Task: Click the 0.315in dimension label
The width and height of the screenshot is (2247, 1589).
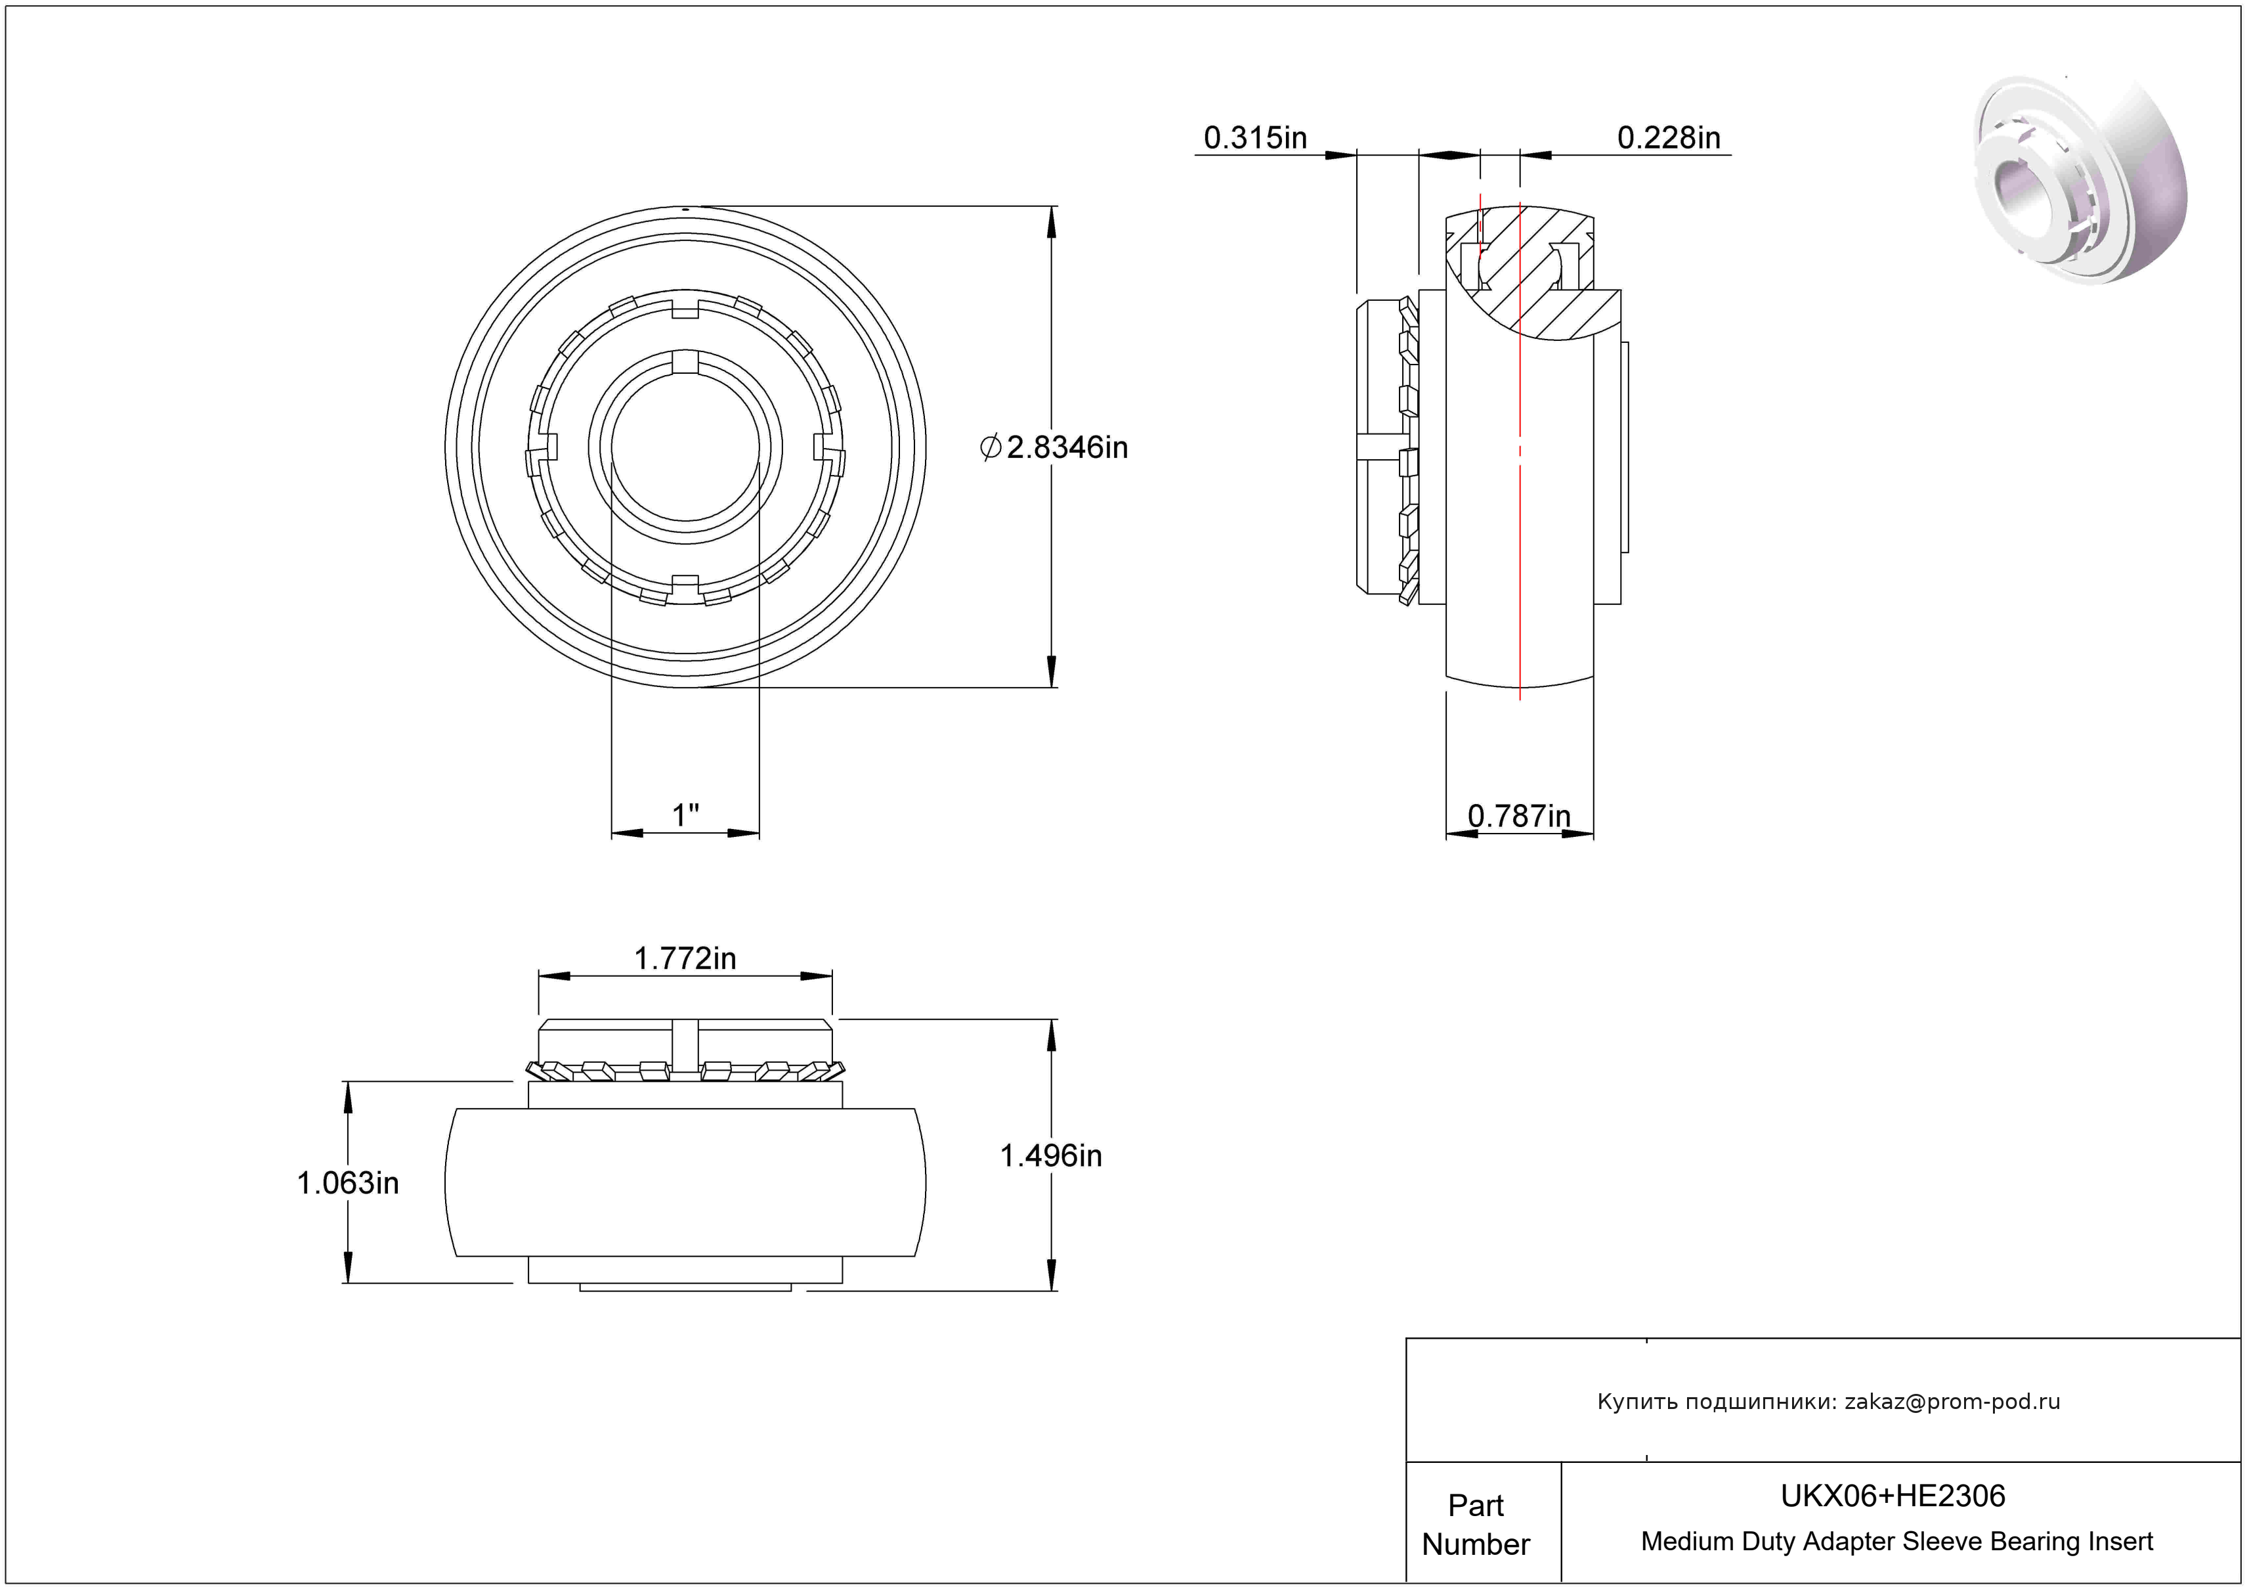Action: tap(1254, 138)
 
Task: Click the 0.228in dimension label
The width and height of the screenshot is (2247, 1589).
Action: tap(1669, 138)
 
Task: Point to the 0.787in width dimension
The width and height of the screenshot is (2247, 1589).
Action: tap(1519, 816)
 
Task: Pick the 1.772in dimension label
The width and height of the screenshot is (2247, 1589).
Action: tap(685, 958)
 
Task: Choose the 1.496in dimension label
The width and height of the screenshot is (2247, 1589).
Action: tap(1050, 1156)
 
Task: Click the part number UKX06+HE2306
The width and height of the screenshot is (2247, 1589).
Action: tap(1893, 1496)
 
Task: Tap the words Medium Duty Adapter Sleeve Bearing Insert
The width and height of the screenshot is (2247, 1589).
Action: tap(1896, 1542)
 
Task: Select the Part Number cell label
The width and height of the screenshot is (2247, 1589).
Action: tap(1476, 1525)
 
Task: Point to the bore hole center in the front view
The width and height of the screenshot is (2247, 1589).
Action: tap(686, 447)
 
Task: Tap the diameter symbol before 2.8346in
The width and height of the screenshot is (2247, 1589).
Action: tap(991, 447)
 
